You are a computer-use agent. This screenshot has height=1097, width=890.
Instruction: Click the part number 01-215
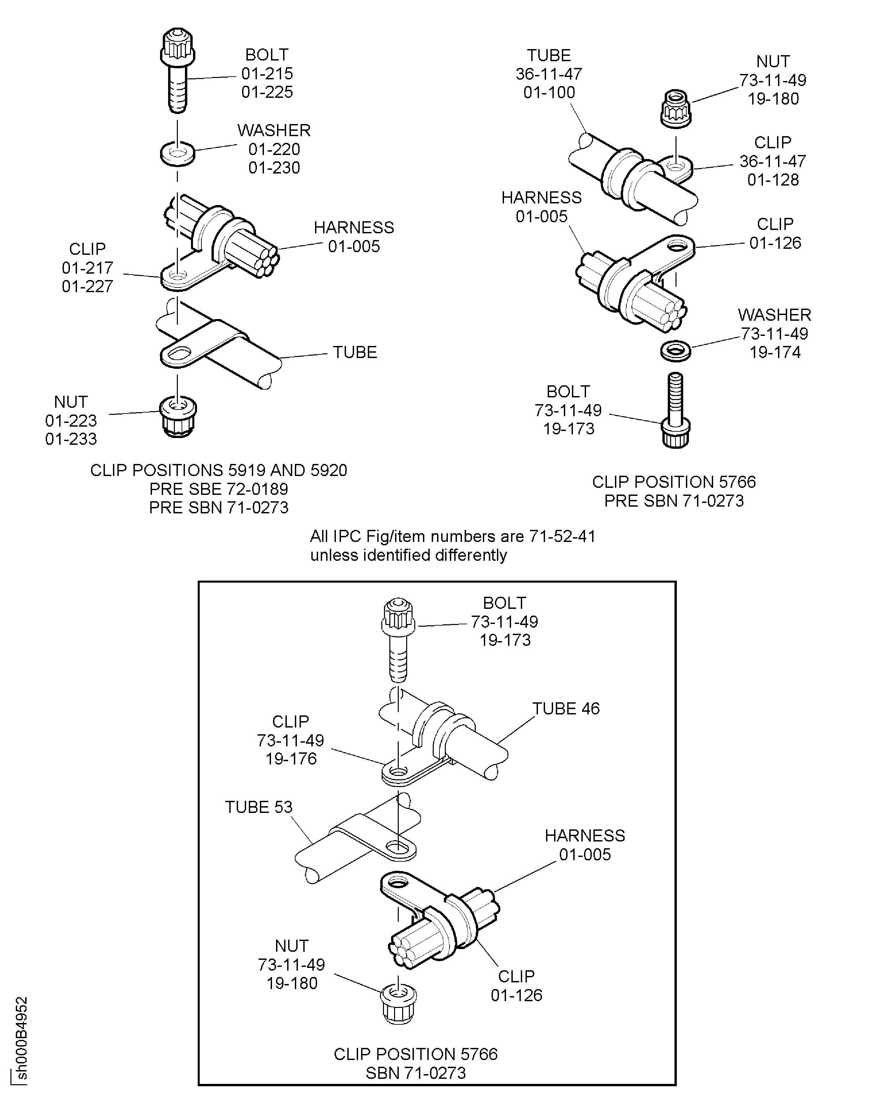267,73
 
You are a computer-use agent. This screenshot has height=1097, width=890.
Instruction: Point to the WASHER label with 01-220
274,130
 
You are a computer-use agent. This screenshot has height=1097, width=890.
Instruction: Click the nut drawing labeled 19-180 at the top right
676,109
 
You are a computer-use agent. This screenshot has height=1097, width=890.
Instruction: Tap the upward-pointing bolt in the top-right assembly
676,410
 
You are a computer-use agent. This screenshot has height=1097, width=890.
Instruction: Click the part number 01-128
773,180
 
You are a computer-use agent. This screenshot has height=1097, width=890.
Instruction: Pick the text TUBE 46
566,708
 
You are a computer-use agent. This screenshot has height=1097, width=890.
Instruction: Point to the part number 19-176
291,759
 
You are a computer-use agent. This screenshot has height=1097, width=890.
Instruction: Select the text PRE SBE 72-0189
219,489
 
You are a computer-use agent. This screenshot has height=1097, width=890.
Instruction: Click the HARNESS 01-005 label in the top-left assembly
354,237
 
